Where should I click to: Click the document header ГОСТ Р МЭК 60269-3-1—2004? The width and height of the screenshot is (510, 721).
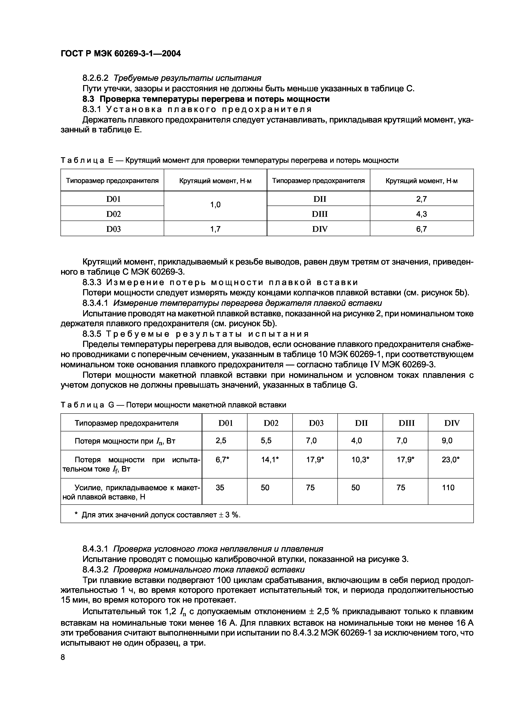click(x=121, y=54)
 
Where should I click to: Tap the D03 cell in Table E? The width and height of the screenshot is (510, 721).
click(x=113, y=229)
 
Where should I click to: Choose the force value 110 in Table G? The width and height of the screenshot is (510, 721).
click(x=448, y=487)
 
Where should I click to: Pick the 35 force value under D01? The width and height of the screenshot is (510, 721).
click(x=220, y=487)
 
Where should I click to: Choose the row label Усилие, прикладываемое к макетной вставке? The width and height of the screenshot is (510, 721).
click(x=131, y=492)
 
